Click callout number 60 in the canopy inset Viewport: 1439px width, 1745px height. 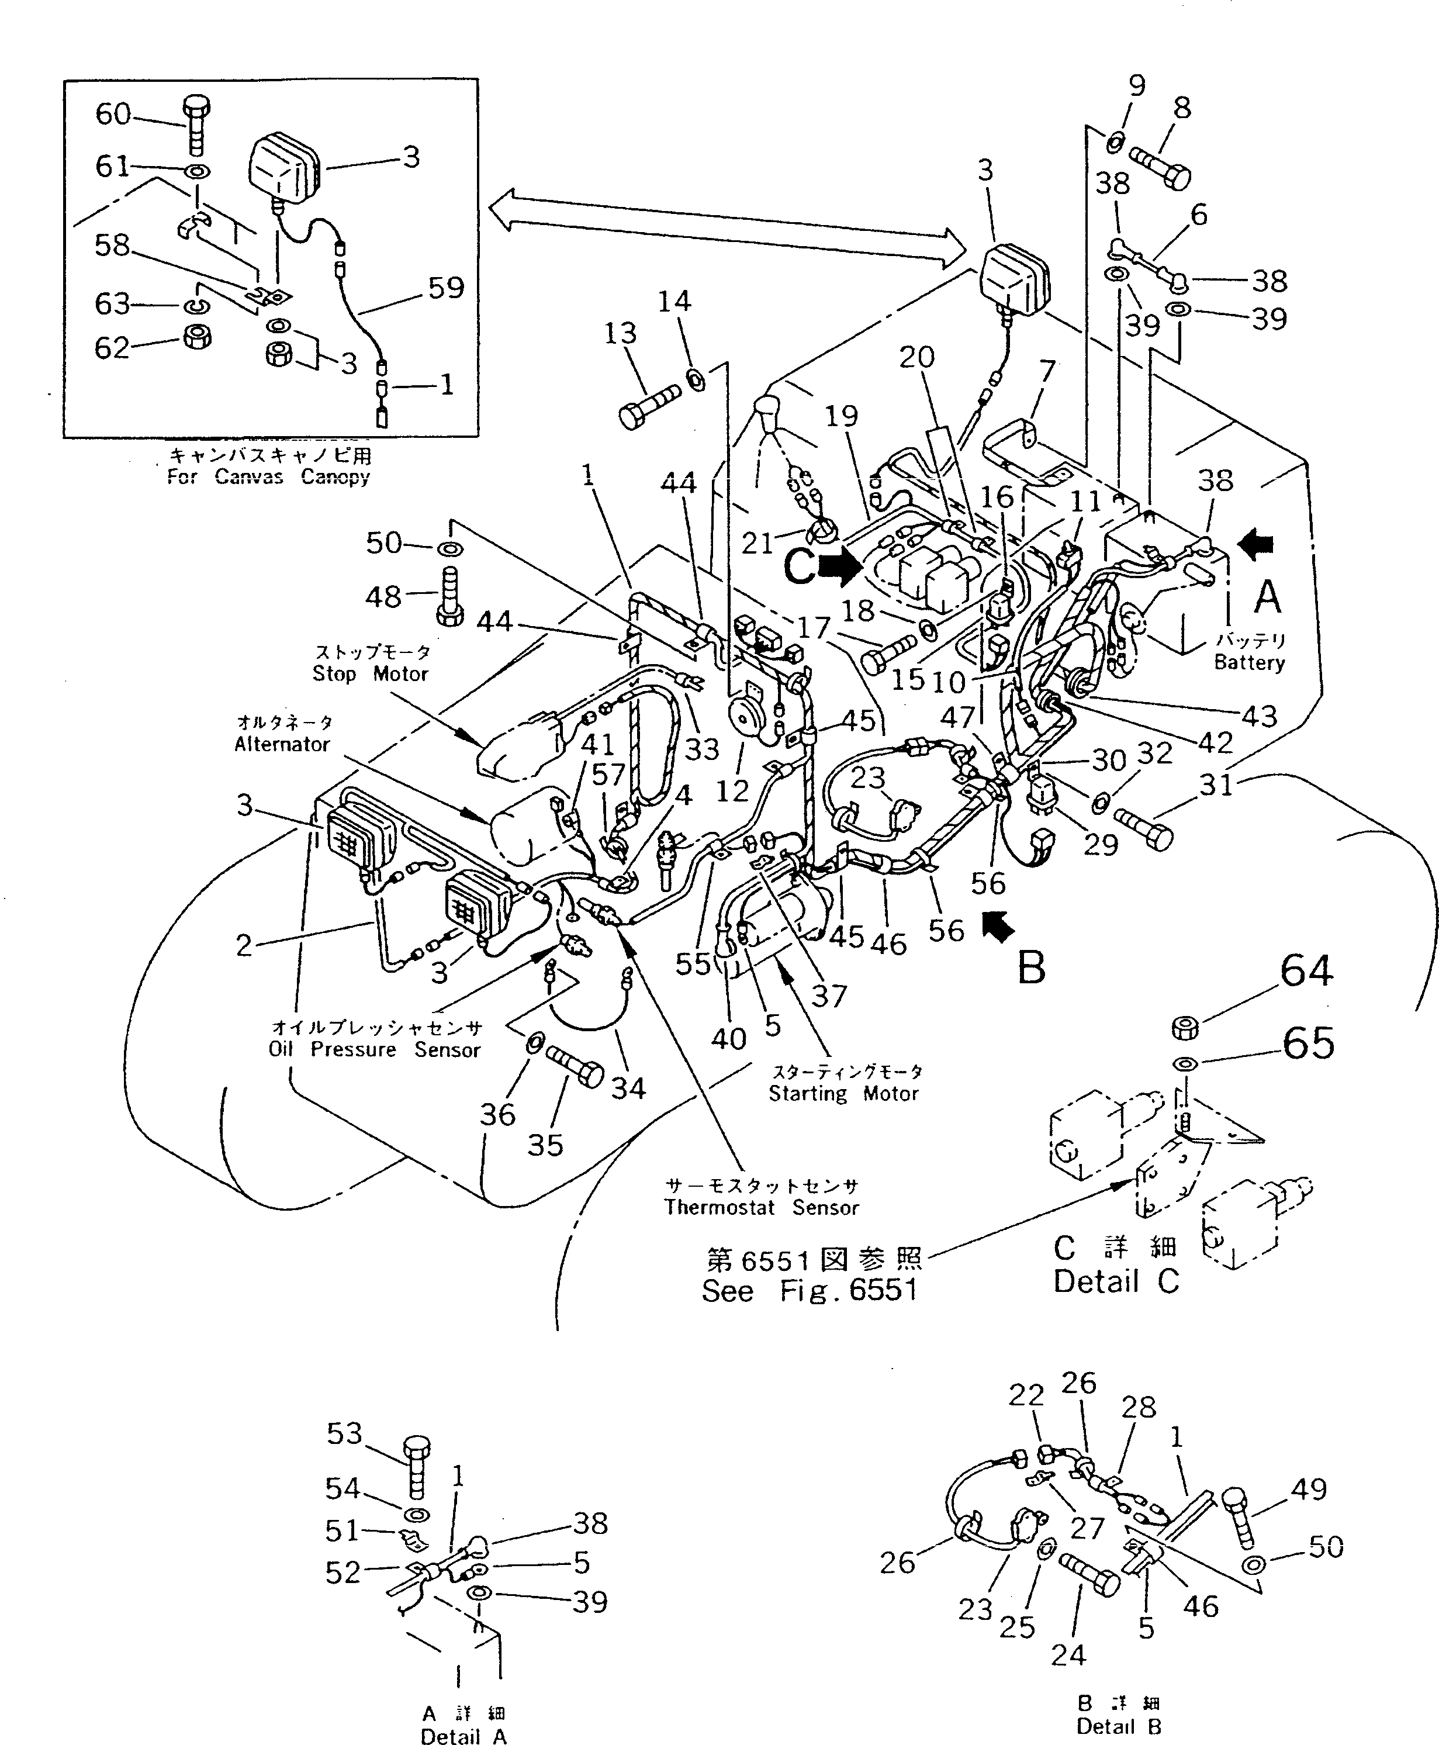(x=113, y=113)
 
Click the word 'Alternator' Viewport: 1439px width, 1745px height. (x=282, y=744)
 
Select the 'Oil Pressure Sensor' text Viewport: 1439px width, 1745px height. (x=374, y=1049)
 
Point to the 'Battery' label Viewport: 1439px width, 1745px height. (x=1248, y=662)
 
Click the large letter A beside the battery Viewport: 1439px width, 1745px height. (x=1267, y=597)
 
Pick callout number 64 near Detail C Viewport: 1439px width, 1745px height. (x=1306, y=971)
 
